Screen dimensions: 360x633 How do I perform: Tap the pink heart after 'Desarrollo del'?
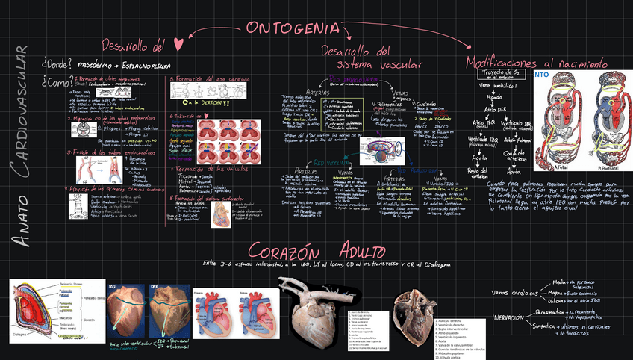(x=178, y=46)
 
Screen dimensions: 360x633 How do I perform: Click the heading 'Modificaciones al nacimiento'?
(x=537, y=63)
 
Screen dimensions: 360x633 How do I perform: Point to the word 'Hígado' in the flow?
(x=493, y=97)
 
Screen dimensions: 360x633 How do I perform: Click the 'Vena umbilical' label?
(x=493, y=86)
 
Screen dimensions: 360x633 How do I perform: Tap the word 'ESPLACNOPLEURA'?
(x=144, y=64)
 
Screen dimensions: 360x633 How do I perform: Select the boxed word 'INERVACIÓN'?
(x=508, y=317)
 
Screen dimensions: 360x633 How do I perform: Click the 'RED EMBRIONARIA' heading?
(x=351, y=79)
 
